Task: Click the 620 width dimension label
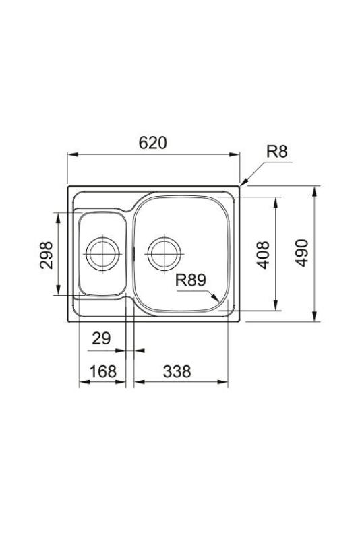click(x=152, y=143)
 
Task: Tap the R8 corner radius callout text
click(x=276, y=151)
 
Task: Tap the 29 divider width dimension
click(x=101, y=338)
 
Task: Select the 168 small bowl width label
click(x=103, y=371)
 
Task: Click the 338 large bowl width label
click(x=177, y=371)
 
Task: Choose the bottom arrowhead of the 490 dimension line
click(x=316, y=318)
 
